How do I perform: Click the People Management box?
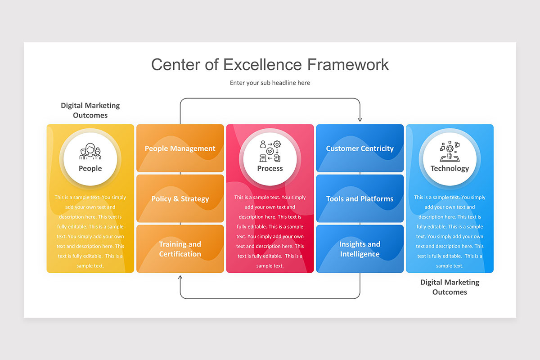coord(180,148)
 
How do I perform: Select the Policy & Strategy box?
coord(180,198)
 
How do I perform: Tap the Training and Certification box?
coord(180,249)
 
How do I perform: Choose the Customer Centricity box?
coord(360,148)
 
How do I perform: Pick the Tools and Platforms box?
coord(360,198)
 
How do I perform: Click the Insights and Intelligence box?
coord(360,249)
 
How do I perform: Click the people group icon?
coord(90,152)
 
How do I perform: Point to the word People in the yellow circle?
coord(90,169)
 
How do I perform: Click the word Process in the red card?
coord(270,169)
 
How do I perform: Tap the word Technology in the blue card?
coord(450,169)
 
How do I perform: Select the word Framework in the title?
coord(348,64)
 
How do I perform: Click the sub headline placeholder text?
coord(270,83)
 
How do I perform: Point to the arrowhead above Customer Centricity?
coord(360,119)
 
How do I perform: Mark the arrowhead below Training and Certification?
coord(180,277)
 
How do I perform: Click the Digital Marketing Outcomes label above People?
coord(90,110)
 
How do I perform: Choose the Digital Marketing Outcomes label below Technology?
coord(450,287)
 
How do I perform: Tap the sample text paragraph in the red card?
coord(270,231)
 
